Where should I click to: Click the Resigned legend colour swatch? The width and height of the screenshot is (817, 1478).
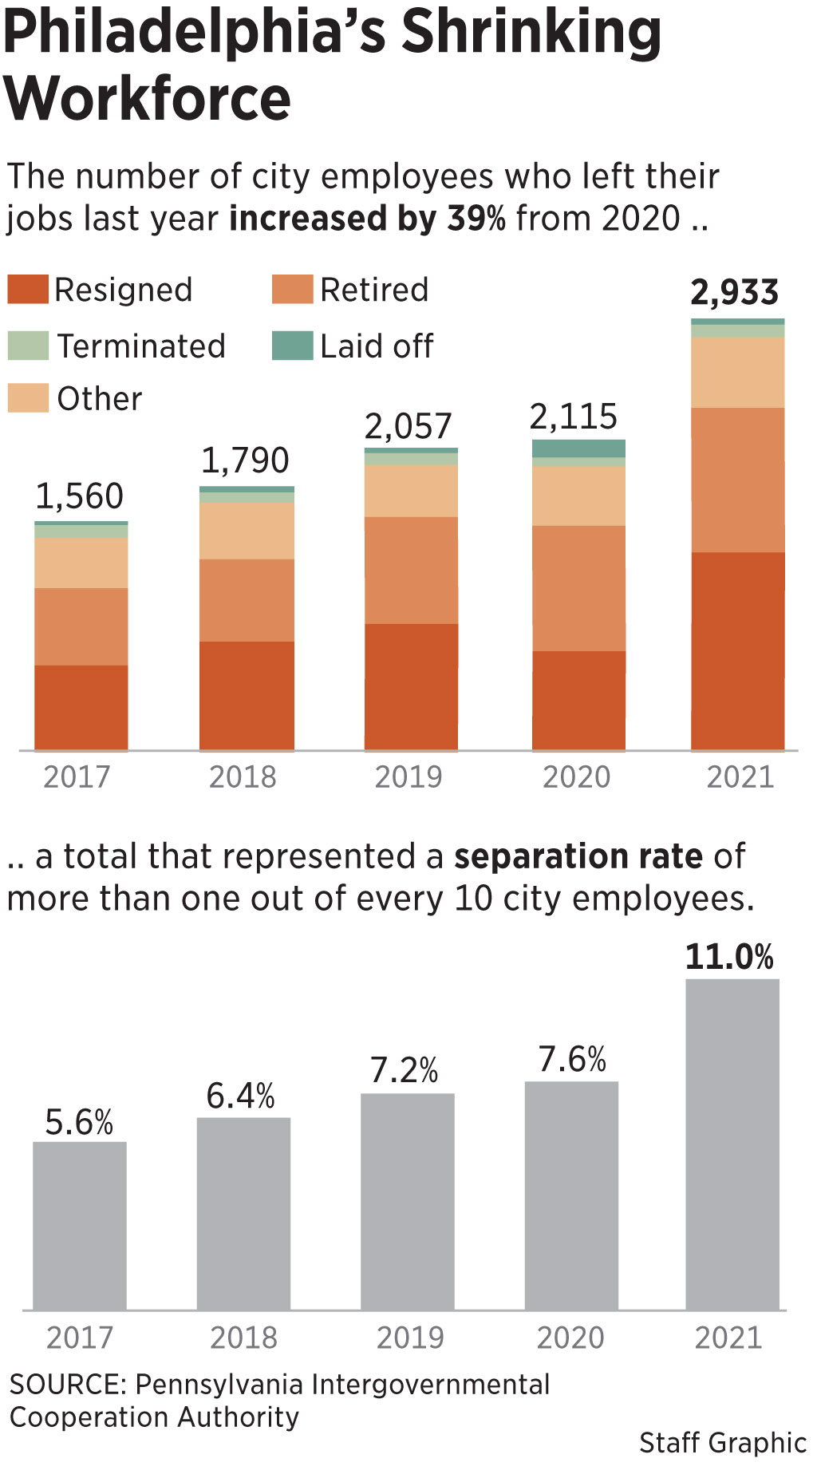pos(28,289)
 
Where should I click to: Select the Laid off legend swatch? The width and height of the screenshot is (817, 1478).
pos(292,346)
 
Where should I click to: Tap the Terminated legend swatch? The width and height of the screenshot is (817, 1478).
pos(28,346)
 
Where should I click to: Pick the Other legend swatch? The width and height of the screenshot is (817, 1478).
pos(28,397)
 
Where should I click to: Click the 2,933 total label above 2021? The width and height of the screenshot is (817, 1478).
pos(734,293)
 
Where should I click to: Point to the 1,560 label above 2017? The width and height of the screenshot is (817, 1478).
pos(80,496)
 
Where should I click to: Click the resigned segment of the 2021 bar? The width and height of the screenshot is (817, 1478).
pos(737,650)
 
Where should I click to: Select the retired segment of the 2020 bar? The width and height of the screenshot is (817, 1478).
pos(578,587)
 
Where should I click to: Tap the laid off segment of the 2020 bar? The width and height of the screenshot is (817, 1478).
pos(578,449)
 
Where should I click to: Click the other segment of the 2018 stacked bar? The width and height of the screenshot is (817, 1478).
pos(247,531)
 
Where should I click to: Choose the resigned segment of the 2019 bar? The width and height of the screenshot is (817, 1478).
pos(411,686)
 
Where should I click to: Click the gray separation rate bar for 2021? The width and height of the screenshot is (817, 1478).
pos(732,1144)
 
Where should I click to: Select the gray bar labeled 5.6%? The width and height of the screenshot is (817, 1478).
pos(80,1225)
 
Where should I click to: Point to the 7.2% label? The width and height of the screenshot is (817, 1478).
pos(405,1070)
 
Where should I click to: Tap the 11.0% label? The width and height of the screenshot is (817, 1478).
pos(729,957)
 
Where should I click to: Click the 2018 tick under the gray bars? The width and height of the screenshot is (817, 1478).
pos(243,1338)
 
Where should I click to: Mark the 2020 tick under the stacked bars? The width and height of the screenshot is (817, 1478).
pos(576,777)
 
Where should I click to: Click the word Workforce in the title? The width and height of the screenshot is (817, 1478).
pos(148,99)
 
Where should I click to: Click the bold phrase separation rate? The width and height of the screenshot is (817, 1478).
pos(578,856)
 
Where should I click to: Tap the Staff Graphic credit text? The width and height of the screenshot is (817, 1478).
pos(722,1442)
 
